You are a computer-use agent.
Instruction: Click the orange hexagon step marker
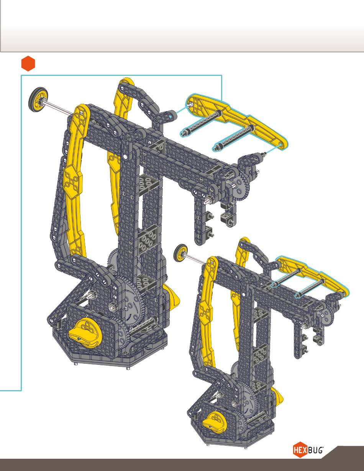click(x=28, y=64)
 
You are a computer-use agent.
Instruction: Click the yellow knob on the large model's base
click(x=85, y=332)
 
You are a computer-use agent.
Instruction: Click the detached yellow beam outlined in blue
click(x=237, y=121)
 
